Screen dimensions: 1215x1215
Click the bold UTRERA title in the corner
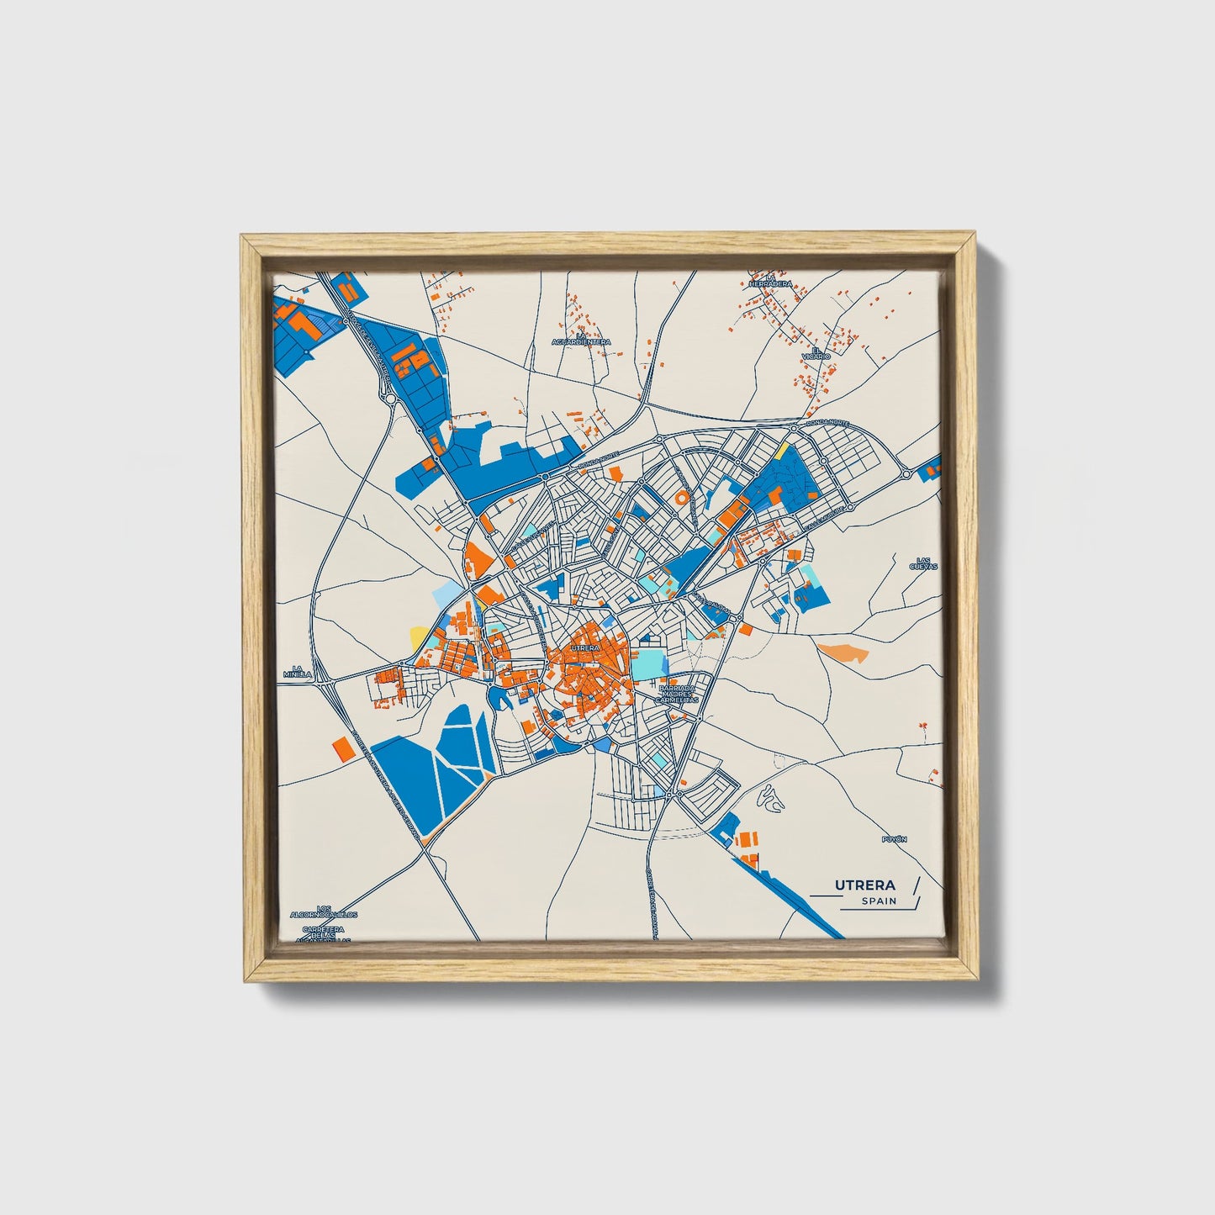pos(864,885)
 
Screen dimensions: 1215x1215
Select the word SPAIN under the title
pos(879,901)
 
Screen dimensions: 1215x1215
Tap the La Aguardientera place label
pos(581,339)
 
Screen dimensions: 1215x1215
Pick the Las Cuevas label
pos(922,563)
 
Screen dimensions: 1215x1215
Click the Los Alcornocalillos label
pos(323,911)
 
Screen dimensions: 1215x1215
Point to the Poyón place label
pos(895,839)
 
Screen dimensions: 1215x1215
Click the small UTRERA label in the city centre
pos(584,648)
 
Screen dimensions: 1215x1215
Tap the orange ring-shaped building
pos(681,498)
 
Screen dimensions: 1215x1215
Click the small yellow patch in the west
pos(417,635)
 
